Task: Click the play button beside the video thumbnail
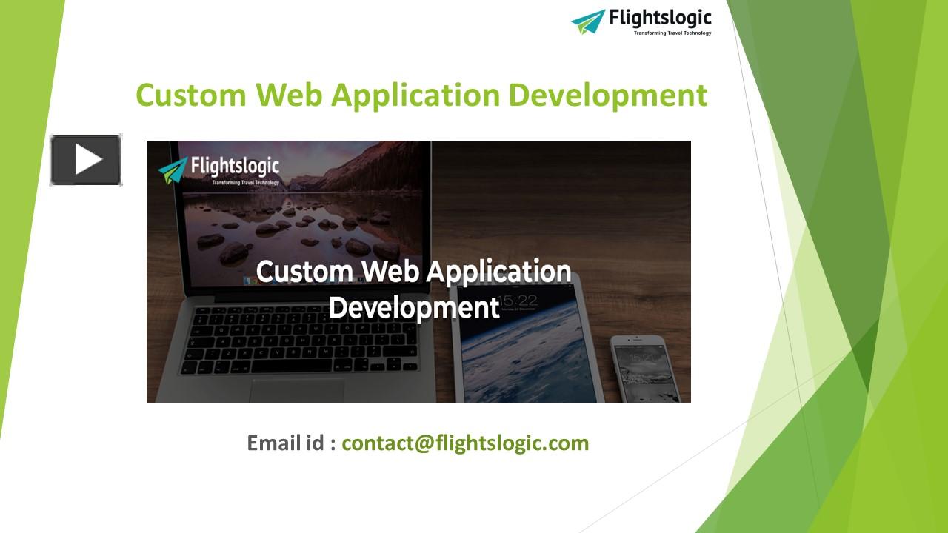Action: coord(86,160)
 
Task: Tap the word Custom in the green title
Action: coord(191,95)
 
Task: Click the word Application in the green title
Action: coord(415,96)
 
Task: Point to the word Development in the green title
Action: coord(608,96)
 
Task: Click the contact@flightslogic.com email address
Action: coord(465,443)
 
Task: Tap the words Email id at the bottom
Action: coord(286,443)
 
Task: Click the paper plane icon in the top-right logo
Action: coord(588,21)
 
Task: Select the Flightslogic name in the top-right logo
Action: coord(660,19)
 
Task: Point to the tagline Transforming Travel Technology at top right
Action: coord(672,33)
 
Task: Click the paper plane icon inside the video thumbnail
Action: coord(173,170)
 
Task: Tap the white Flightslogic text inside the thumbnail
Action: coord(235,167)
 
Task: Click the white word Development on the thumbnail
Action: coord(414,307)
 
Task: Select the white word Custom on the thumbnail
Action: coord(304,271)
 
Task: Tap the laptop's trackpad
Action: coord(296,391)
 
